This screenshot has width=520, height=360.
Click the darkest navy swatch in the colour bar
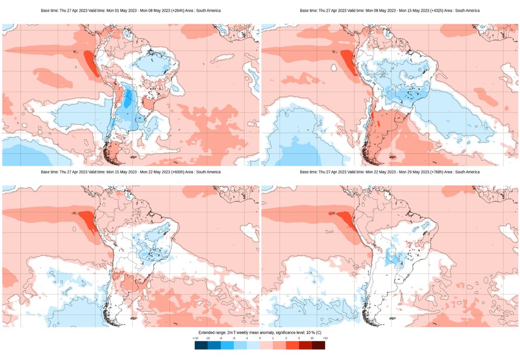click(201, 345)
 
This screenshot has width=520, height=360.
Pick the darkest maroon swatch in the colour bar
click(318, 345)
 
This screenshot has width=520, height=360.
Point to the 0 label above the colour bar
click(260, 338)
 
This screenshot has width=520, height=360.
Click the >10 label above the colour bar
click(324, 338)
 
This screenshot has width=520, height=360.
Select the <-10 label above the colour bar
click(195, 338)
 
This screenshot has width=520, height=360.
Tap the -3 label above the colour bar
click(234, 338)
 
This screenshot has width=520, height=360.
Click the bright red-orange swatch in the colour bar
click(292, 345)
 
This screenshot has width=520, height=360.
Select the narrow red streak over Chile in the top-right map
click(372, 117)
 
